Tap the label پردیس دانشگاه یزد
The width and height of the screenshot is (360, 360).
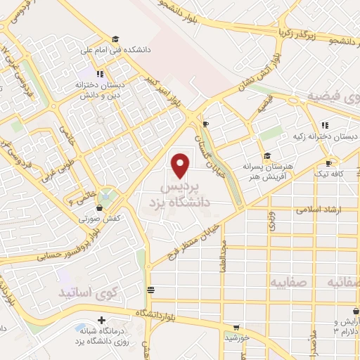[181, 196]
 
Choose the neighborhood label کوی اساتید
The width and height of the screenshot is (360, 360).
[84, 290]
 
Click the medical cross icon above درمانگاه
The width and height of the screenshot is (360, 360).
[102, 320]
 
